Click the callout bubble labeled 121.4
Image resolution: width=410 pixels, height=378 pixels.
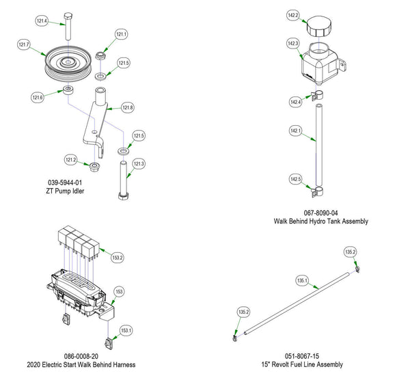[42, 21]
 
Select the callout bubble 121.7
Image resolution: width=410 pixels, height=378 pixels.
[24, 44]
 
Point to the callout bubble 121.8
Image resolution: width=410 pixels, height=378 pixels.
[128, 107]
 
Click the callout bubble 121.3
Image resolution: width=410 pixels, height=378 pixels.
[139, 163]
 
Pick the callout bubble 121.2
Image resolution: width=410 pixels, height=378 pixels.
[71, 159]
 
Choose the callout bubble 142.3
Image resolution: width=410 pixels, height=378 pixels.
[292, 44]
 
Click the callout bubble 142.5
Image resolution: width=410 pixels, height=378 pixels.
[295, 179]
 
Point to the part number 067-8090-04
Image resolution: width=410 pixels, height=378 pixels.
[320, 213]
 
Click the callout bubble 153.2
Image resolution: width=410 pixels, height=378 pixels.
[118, 258]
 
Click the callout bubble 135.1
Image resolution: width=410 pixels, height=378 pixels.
[301, 280]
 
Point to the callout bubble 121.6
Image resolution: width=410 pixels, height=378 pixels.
[38, 98]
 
